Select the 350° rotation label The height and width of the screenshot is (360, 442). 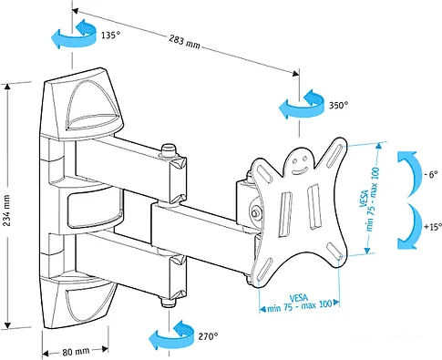coord(338,106)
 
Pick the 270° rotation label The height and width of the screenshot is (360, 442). coord(208,336)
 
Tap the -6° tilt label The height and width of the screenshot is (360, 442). coord(431,173)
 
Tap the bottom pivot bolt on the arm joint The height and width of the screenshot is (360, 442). coord(166,304)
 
